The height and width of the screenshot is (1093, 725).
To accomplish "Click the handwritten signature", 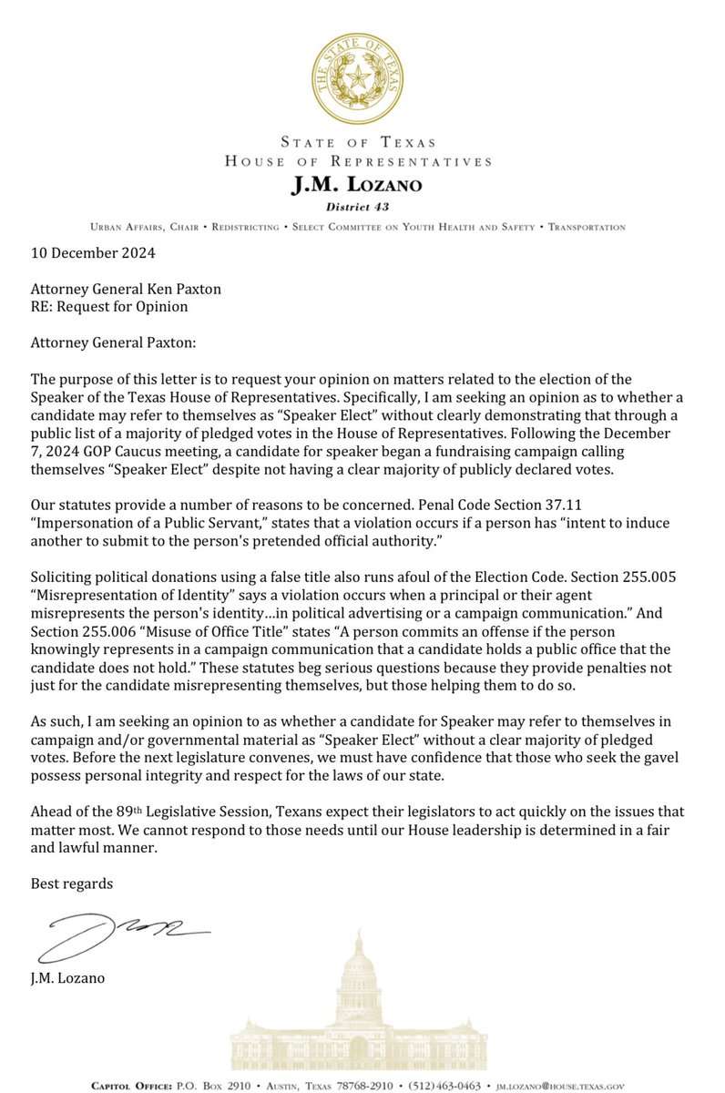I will [x=118, y=935].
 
